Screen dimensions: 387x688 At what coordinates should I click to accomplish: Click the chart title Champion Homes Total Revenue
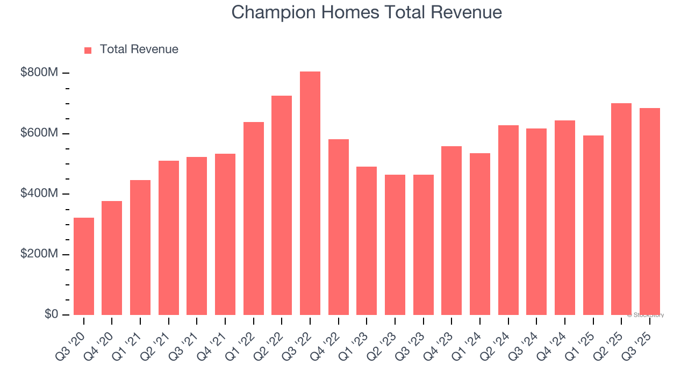click(x=367, y=12)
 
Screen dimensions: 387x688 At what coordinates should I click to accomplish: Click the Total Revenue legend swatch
click(x=88, y=50)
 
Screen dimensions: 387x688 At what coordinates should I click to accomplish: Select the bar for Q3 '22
click(x=310, y=193)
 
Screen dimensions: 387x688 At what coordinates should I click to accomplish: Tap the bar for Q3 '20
click(x=84, y=267)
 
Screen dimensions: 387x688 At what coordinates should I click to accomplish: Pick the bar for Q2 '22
click(x=282, y=205)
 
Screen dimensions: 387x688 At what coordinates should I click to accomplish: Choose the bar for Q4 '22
click(x=339, y=227)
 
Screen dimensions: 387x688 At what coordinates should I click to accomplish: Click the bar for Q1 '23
click(x=367, y=241)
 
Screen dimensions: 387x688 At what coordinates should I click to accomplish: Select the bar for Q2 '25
click(x=621, y=209)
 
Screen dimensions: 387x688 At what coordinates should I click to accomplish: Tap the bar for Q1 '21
click(x=140, y=248)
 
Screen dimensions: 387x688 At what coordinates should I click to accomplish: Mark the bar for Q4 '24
click(x=565, y=218)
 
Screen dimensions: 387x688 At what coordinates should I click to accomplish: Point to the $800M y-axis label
click(x=39, y=73)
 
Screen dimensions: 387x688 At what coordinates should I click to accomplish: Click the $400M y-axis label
click(x=39, y=193)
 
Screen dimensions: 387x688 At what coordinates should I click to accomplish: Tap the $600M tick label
click(x=39, y=133)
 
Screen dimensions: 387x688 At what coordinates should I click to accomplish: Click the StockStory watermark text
click(x=646, y=315)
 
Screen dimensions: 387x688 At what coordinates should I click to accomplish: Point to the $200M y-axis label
click(x=39, y=254)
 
